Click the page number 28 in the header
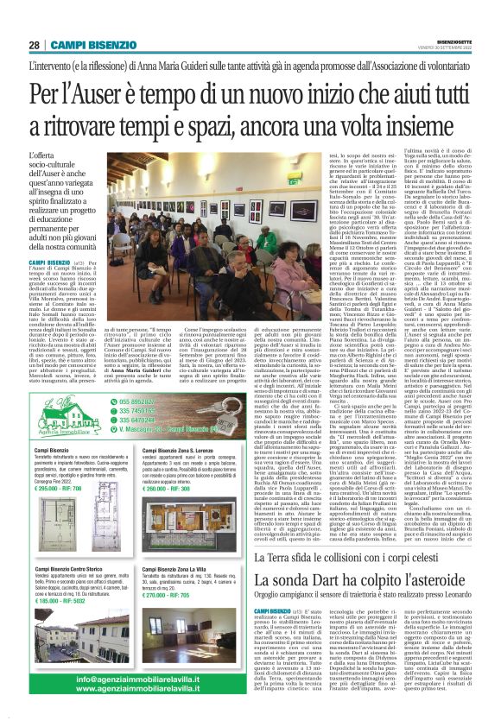(x=34, y=45)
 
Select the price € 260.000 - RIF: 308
(x=166, y=489)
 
